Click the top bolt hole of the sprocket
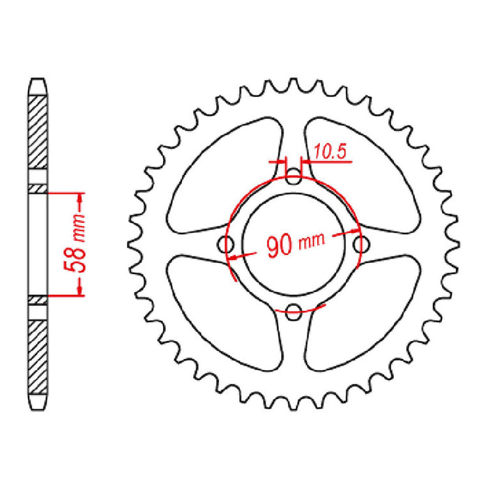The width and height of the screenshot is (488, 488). pyautogui.click(x=293, y=178)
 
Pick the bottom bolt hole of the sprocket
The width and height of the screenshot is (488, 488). pyautogui.click(x=293, y=310)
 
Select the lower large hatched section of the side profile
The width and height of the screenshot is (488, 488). pyautogui.click(x=39, y=356)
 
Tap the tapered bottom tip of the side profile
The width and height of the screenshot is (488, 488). pyautogui.click(x=39, y=406)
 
